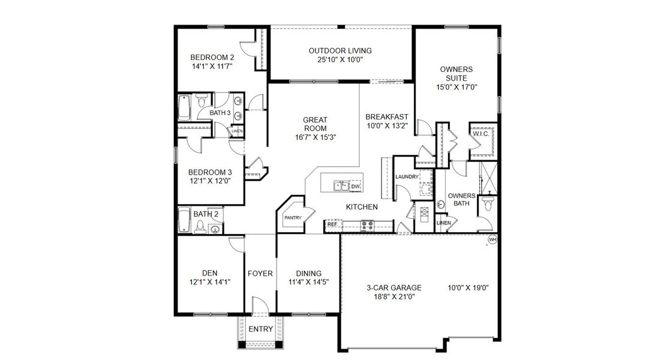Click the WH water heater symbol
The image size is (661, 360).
[493, 239]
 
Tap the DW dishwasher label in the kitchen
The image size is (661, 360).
[355, 187]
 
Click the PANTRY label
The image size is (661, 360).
[293, 217]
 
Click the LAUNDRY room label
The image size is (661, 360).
[407, 176]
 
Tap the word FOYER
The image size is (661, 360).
[260, 274]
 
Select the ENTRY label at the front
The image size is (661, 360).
[260, 329]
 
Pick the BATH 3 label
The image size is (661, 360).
[220, 112]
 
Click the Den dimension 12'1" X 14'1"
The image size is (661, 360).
[209, 282]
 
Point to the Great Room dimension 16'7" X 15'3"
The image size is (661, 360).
[315, 137]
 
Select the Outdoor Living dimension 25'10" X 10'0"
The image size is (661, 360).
[340, 60]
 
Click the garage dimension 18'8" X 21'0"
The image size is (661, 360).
[393, 296]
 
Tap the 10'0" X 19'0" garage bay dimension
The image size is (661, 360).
[468, 287]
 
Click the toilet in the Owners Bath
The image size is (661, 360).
[488, 205]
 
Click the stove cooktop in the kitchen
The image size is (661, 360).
[366, 226]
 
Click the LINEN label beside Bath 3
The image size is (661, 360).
[238, 131]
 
